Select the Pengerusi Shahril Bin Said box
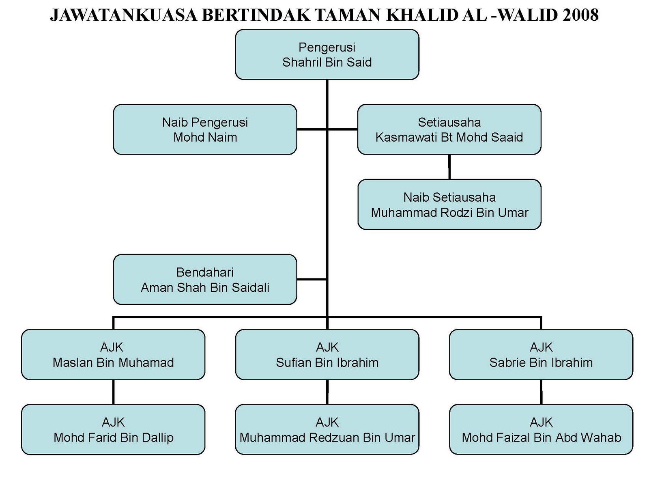(327, 54)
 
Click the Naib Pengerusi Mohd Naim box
(205, 129)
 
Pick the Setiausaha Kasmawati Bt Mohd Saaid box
(449, 129)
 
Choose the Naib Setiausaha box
(449, 205)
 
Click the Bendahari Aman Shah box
(205, 280)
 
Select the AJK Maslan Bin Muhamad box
(113, 355)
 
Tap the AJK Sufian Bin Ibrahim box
(327, 355)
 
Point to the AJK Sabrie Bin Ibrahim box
(541, 355)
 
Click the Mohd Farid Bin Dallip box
(113, 429)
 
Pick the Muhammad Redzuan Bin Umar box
(327, 429)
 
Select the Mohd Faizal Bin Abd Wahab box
(541, 429)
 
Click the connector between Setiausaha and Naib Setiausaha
(449, 167)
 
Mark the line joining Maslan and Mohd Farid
(113, 392)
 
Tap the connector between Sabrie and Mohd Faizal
(541, 392)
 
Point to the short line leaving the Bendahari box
(312, 279)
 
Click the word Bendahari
(205, 272)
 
